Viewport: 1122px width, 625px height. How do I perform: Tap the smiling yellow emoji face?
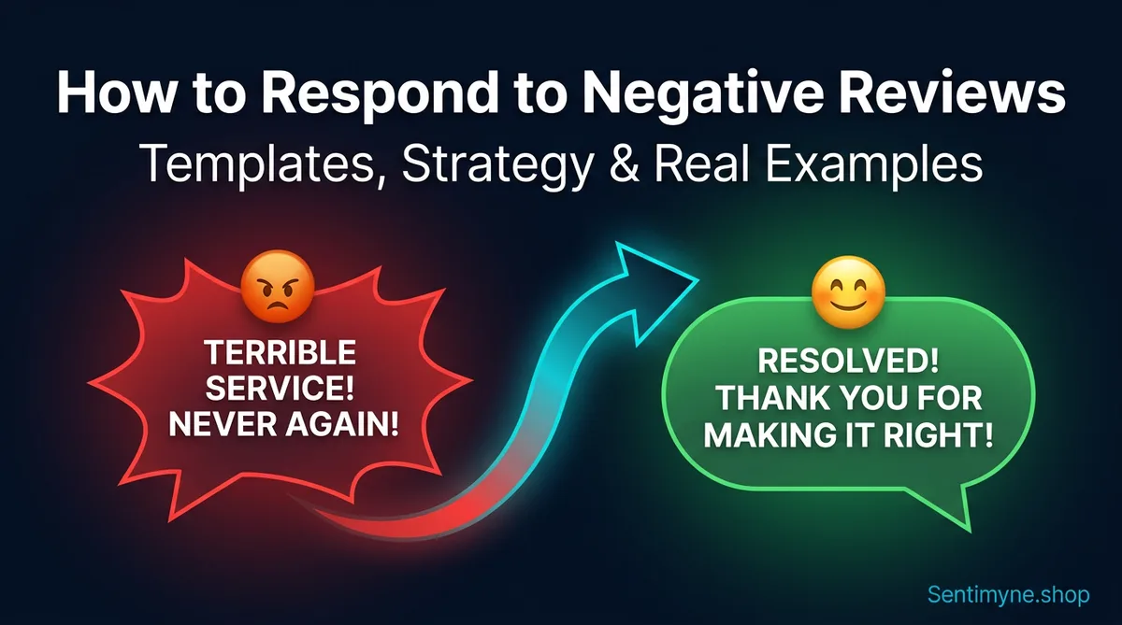(x=847, y=290)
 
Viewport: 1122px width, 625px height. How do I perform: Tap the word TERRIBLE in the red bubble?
(x=280, y=353)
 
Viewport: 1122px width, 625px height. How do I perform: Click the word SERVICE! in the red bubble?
(x=280, y=391)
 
